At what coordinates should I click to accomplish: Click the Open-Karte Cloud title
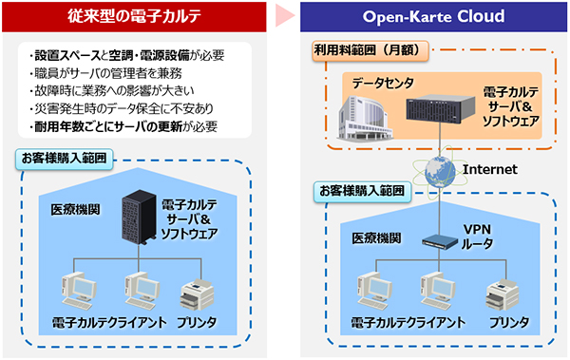click(x=432, y=17)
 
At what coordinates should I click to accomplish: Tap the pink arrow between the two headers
click(x=285, y=17)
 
